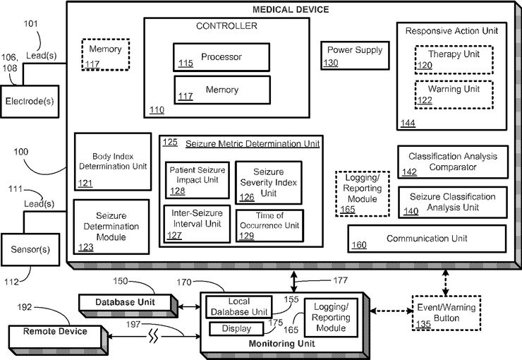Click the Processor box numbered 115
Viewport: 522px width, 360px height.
click(221, 57)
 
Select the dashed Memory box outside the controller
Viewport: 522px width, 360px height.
click(106, 54)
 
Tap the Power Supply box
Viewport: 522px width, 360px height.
click(355, 55)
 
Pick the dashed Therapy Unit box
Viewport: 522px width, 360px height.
click(454, 59)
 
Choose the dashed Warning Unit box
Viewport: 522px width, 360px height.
click(454, 95)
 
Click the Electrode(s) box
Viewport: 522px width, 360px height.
click(30, 102)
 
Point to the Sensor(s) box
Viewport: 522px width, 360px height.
click(30, 249)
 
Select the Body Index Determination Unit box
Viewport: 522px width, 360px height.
click(113, 162)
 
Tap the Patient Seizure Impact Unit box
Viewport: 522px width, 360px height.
click(198, 180)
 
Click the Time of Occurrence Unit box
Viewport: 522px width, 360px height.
click(269, 225)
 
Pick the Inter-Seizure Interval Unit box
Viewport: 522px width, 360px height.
click(197, 224)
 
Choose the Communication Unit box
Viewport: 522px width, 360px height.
click(427, 239)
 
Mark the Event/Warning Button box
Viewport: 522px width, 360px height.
click(447, 313)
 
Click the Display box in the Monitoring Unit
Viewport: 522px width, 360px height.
click(236, 329)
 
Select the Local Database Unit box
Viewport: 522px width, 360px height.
click(239, 307)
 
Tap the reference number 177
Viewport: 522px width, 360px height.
click(341, 280)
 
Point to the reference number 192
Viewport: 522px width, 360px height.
click(25, 307)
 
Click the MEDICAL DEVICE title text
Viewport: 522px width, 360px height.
click(291, 9)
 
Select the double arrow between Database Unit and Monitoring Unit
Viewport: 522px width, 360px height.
click(190, 306)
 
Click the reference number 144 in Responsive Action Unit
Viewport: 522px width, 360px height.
click(408, 124)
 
